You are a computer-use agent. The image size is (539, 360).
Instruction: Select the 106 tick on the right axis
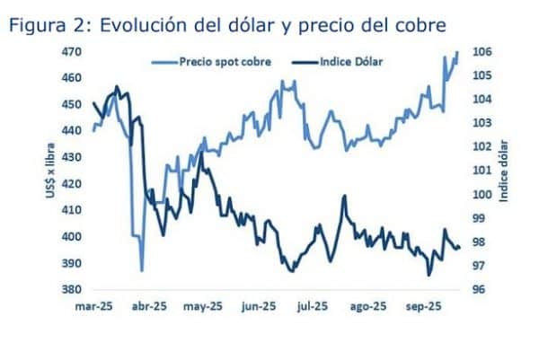point(477,52)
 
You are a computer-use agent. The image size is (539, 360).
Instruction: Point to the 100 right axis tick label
point(477,195)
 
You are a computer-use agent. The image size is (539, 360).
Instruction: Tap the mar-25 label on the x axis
point(93,306)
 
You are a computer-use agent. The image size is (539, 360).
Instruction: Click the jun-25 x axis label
point(258,306)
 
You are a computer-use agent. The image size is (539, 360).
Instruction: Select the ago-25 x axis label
point(367,306)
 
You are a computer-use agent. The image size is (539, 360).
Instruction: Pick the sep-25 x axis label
point(422,306)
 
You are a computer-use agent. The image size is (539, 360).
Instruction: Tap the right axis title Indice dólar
point(504,171)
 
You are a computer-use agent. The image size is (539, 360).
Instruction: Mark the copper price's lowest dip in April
point(142,269)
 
